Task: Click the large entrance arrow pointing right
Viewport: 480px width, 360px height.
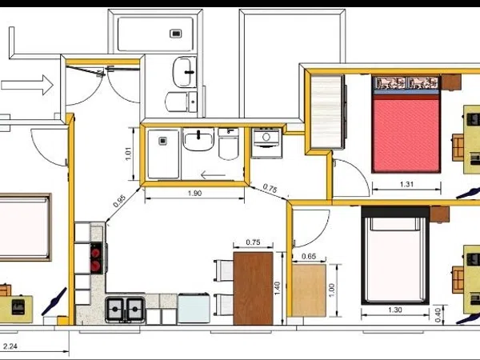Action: click(x=27, y=85)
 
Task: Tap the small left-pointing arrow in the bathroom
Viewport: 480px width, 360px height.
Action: click(x=213, y=175)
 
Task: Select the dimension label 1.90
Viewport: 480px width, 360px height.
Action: click(x=194, y=193)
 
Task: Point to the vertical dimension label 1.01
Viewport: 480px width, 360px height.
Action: click(x=128, y=154)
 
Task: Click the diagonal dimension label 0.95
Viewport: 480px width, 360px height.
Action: click(x=119, y=201)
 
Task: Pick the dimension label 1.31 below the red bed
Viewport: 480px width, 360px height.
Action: click(x=406, y=184)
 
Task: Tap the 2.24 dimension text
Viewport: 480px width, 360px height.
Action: click(x=10, y=346)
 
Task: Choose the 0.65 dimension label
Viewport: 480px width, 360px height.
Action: click(x=309, y=256)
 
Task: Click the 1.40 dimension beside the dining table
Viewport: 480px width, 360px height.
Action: click(x=277, y=288)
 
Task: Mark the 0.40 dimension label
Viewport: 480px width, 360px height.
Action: click(x=438, y=315)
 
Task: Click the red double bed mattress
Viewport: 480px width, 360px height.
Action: click(x=406, y=134)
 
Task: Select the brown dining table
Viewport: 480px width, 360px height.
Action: click(x=253, y=288)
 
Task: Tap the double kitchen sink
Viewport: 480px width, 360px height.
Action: click(x=125, y=310)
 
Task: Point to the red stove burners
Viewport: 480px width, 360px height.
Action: click(x=96, y=258)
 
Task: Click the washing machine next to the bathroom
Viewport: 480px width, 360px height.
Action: click(x=266, y=143)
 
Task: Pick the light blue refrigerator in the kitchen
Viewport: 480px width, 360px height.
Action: click(x=194, y=308)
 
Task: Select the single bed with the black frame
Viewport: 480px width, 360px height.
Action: click(x=395, y=256)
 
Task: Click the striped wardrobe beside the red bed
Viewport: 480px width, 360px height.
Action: click(x=326, y=112)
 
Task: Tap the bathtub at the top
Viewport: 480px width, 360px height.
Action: click(x=155, y=34)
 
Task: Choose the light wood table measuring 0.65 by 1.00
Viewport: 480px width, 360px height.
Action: click(x=309, y=290)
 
